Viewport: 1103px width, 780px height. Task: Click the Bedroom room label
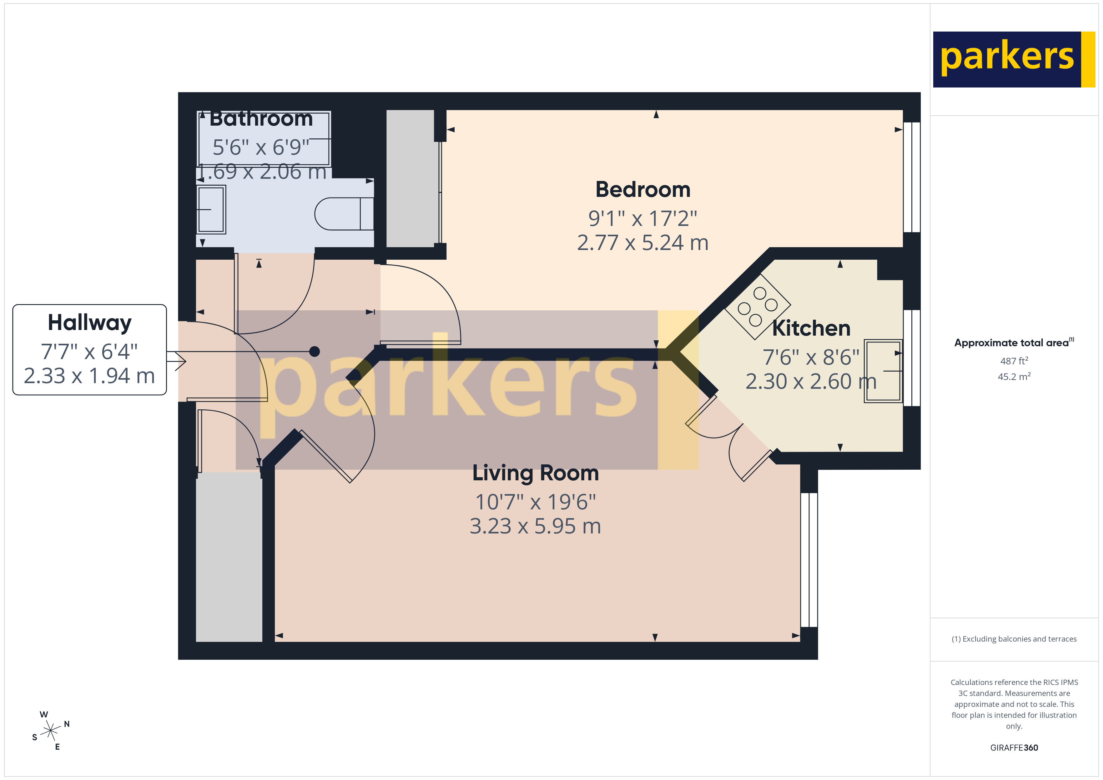[643, 190]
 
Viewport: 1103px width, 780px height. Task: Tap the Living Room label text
[535, 473]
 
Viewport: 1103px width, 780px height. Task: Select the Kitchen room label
[811, 328]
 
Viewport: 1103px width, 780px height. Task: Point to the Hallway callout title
[89, 323]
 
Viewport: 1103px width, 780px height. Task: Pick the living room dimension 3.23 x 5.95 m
[535, 526]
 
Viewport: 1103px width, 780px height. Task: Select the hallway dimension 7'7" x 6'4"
[89, 352]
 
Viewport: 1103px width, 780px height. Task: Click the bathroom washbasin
[211, 209]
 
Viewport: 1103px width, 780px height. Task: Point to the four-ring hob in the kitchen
[757, 307]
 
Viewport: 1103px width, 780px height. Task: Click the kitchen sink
[883, 371]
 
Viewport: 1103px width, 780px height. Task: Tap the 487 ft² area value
[1014, 361]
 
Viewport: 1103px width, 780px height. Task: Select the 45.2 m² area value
[1014, 377]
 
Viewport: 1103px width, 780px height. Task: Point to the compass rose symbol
[50, 731]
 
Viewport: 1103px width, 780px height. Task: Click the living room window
[809, 560]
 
